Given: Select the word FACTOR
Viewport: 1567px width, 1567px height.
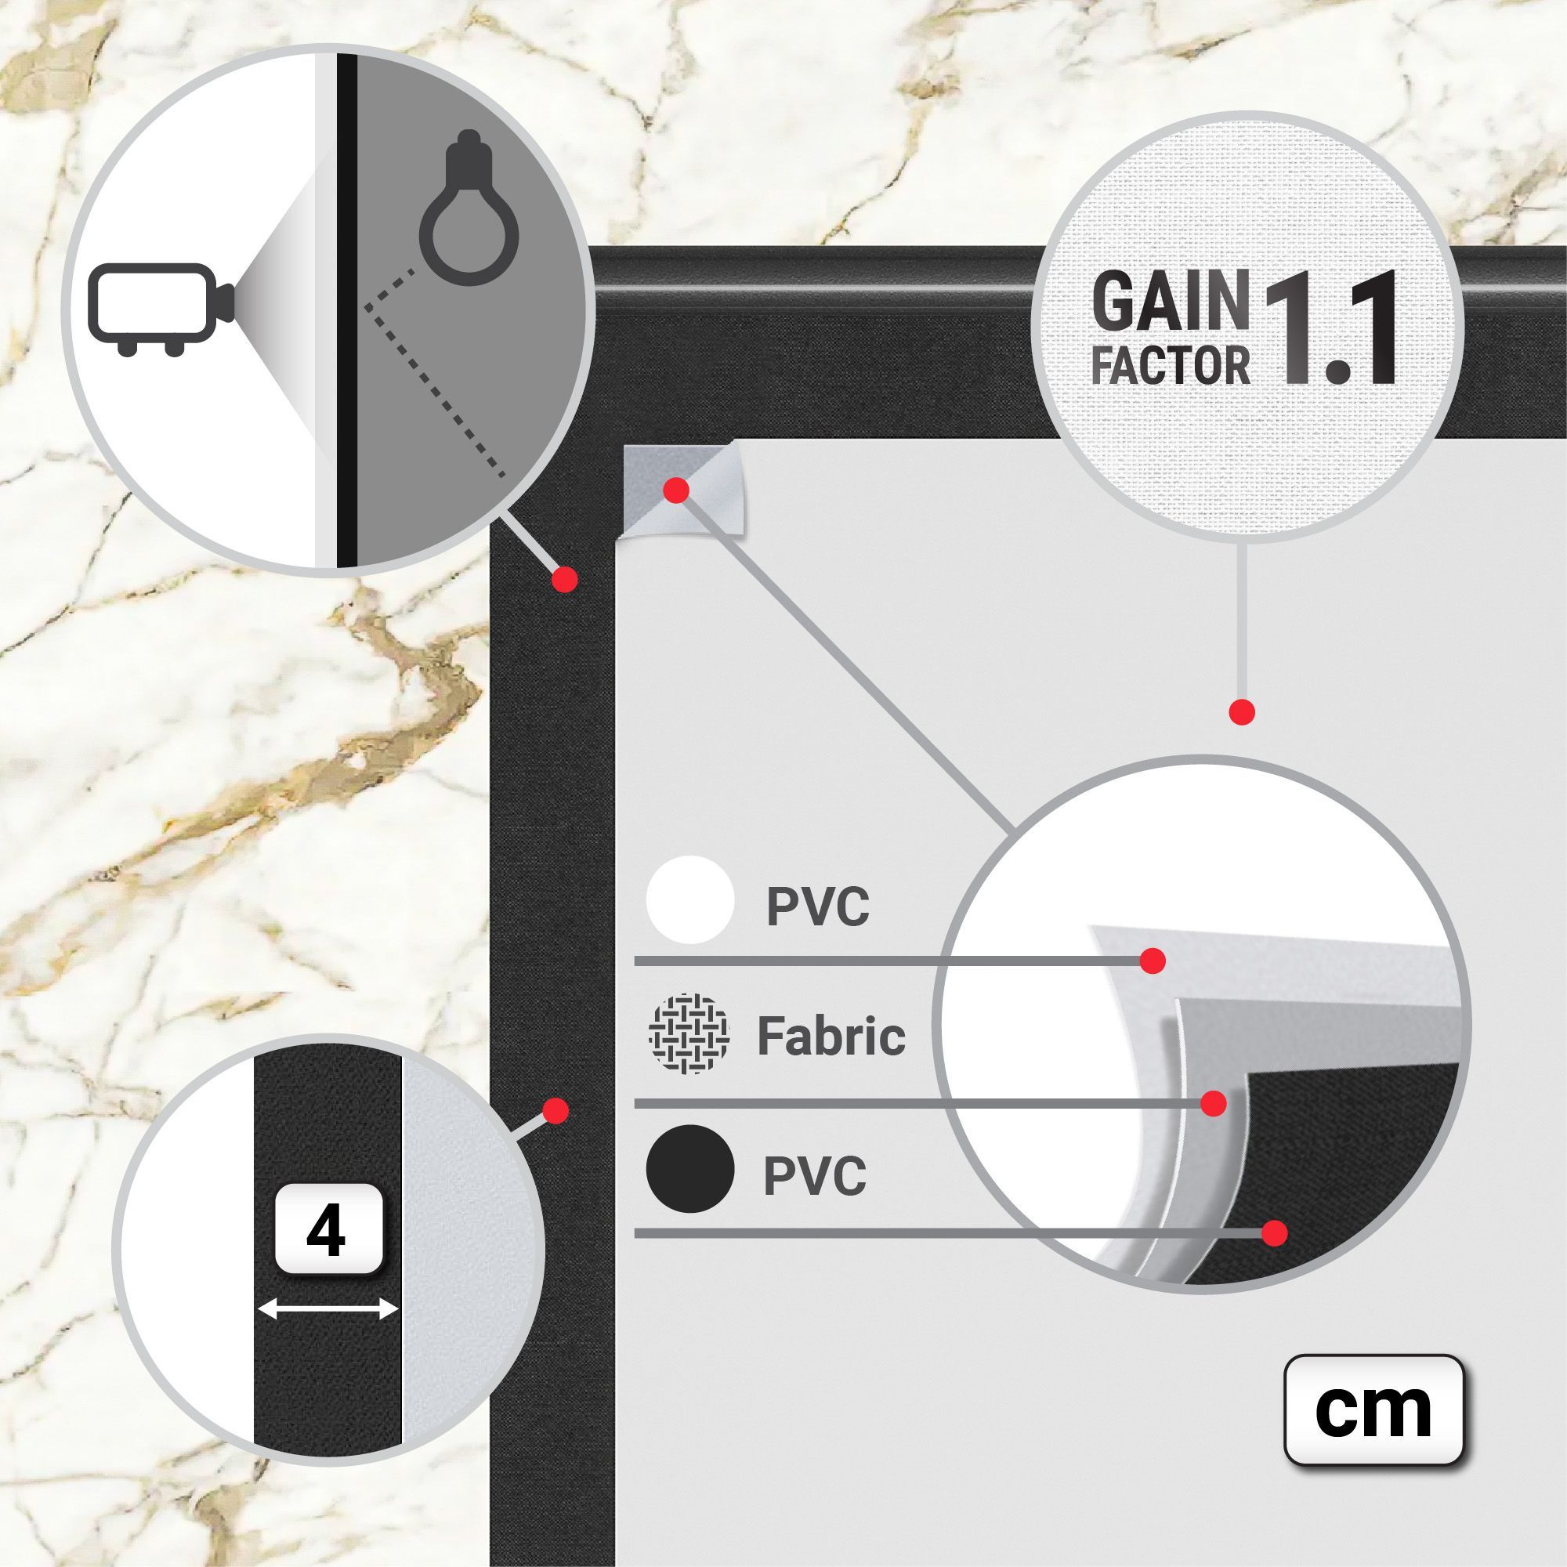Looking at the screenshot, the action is [1171, 364].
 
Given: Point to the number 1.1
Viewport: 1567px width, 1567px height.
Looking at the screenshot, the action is [1326, 328].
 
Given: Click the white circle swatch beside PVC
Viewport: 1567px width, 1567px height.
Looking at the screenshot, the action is [689, 901].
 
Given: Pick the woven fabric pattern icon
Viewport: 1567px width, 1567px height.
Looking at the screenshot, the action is [689, 1033].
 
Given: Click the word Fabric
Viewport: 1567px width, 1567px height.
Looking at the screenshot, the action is [831, 1036].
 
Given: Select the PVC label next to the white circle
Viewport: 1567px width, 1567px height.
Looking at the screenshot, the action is [817, 907].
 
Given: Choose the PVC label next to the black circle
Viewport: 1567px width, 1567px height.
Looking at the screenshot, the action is [815, 1176].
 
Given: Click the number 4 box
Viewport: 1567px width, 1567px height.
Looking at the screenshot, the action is [328, 1230].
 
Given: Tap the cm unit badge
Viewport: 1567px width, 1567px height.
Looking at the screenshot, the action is [1373, 1410].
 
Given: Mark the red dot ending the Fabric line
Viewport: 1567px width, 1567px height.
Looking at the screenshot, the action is [1214, 1103].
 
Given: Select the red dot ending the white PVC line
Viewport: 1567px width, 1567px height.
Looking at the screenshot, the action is [1153, 961].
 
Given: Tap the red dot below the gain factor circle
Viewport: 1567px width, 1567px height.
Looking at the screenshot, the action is [1242, 713].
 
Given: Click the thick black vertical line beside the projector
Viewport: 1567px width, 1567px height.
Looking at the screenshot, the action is [346, 309].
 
